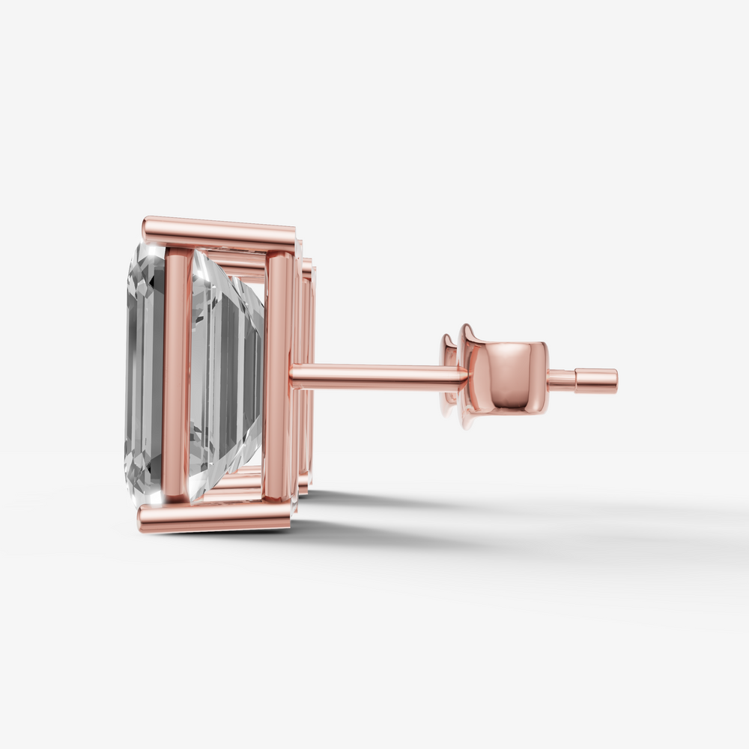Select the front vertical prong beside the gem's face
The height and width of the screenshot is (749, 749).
[178, 374]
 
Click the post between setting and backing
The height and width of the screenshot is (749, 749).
[374, 376]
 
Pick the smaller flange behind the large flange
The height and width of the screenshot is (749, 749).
[449, 374]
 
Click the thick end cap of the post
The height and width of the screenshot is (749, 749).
[596, 380]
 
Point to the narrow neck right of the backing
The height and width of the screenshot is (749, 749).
[561, 380]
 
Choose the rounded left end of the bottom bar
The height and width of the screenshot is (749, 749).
[142, 519]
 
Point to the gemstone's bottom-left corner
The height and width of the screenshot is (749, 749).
[131, 491]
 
